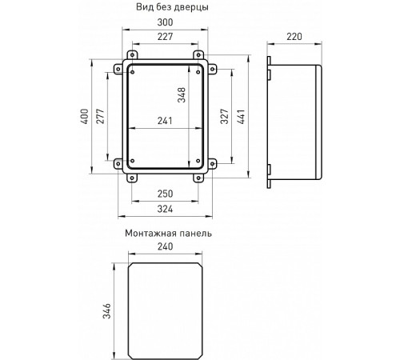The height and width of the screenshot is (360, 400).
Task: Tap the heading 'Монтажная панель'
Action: (x=168, y=233)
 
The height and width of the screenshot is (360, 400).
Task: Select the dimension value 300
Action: (x=165, y=24)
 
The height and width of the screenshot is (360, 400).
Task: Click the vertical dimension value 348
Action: (x=182, y=98)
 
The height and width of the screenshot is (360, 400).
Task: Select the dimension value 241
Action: (x=165, y=122)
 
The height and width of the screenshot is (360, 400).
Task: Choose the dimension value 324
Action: (x=165, y=210)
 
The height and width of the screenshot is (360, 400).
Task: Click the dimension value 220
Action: (x=295, y=36)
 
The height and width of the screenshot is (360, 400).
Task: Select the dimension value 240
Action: (x=165, y=247)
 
